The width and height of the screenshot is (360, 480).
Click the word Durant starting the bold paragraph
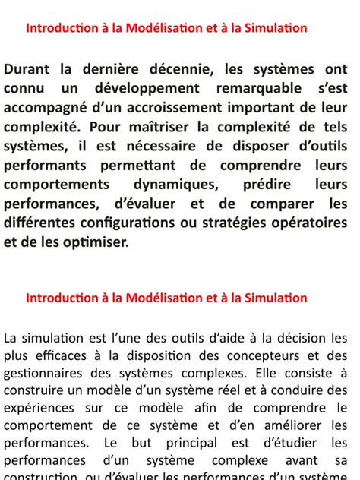(x=28, y=70)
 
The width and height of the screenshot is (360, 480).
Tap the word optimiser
(x=97, y=241)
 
